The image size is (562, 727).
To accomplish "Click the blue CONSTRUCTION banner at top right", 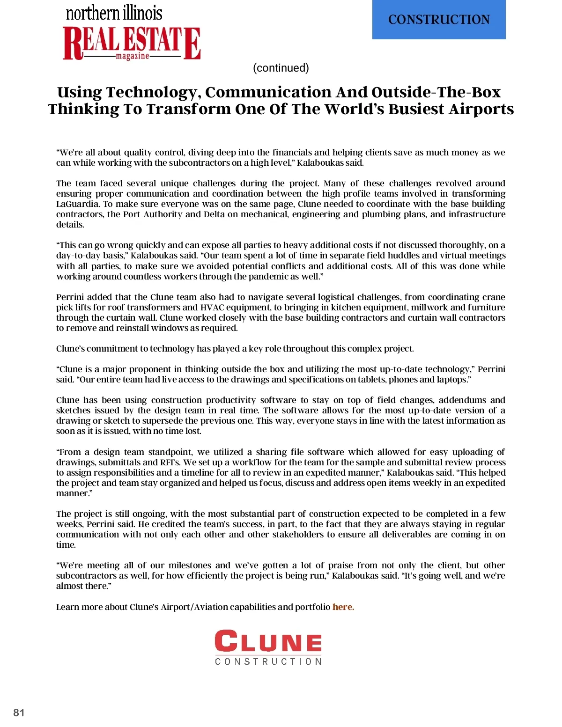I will tap(439, 20).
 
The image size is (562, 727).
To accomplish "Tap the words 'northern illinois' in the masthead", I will tap(114, 13).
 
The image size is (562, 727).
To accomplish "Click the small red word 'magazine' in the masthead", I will tap(133, 56).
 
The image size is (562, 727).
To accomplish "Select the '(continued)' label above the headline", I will tap(281, 68).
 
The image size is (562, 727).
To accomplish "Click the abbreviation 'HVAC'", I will tap(212, 308).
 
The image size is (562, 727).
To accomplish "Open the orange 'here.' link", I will tap(343, 607).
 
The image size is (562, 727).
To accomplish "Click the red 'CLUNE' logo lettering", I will tap(268, 641).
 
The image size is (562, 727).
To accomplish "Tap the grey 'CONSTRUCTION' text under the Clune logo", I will tap(268, 661).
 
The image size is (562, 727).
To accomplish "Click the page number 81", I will tap(19, 712).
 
